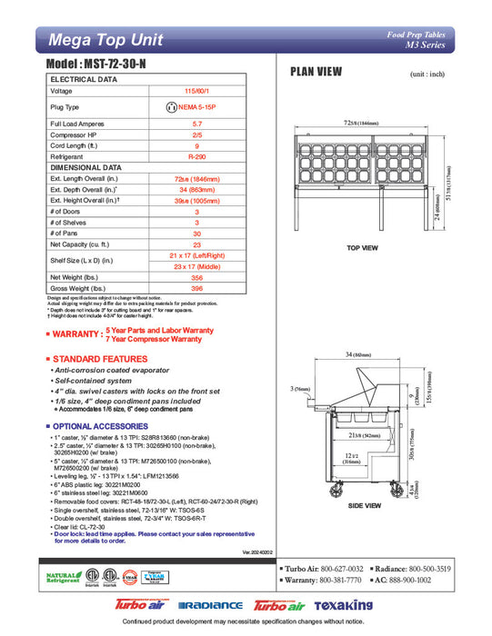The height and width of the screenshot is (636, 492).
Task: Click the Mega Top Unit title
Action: coord(105,40)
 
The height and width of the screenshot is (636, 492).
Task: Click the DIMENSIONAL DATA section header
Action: coord(86,167)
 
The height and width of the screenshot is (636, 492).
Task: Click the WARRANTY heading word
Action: coord(75,333)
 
